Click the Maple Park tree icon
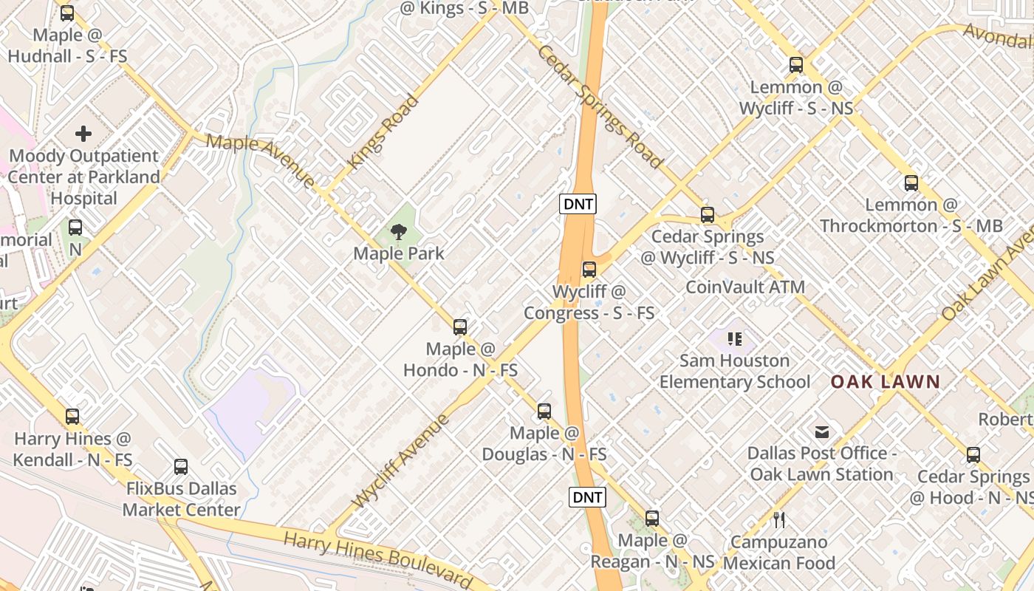[399, 232]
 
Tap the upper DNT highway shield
[578, 204]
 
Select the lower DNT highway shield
[587, 497]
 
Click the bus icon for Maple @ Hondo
[460, 327]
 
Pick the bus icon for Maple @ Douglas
[544, 411]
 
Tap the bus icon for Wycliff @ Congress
[589, 270]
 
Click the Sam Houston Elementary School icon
[734, 339]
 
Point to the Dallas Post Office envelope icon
[822, 432]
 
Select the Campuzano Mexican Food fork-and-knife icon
[779, 520]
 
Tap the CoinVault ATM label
[745, 287]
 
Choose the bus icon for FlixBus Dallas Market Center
[181, 467]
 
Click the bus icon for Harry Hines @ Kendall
[72, 417]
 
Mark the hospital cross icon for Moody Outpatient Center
[83, 134]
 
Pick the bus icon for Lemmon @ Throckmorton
[911, 183]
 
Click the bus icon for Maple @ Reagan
[652, 519]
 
